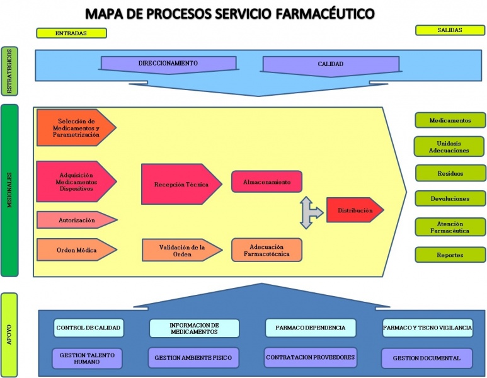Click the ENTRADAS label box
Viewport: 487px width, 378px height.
coord(71,33)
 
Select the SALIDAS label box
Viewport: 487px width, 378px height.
coord(449,30)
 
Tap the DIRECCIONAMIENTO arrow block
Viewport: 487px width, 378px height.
coord(168,64)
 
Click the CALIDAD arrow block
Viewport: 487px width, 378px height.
coord(330,64)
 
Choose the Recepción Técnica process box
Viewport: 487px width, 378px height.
coord(181,185)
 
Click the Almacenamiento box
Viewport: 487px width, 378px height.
coord(266,182)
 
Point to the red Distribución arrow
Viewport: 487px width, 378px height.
coord(354,210)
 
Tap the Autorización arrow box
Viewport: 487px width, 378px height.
coord(76,220)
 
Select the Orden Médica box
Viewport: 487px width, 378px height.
coord(76,250)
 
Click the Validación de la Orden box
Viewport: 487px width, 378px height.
coord(181,251)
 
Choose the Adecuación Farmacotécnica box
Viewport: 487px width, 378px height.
coord(266,250)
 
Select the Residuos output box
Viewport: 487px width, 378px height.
coord(450,173)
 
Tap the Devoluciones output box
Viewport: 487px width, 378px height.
coord(450,198)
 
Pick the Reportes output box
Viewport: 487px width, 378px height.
coord(450,255)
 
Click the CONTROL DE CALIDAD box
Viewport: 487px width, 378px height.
coord(88,328)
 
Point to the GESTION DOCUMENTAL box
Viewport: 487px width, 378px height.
coord(427,358)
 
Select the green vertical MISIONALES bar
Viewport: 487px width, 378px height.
coord(9,191)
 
